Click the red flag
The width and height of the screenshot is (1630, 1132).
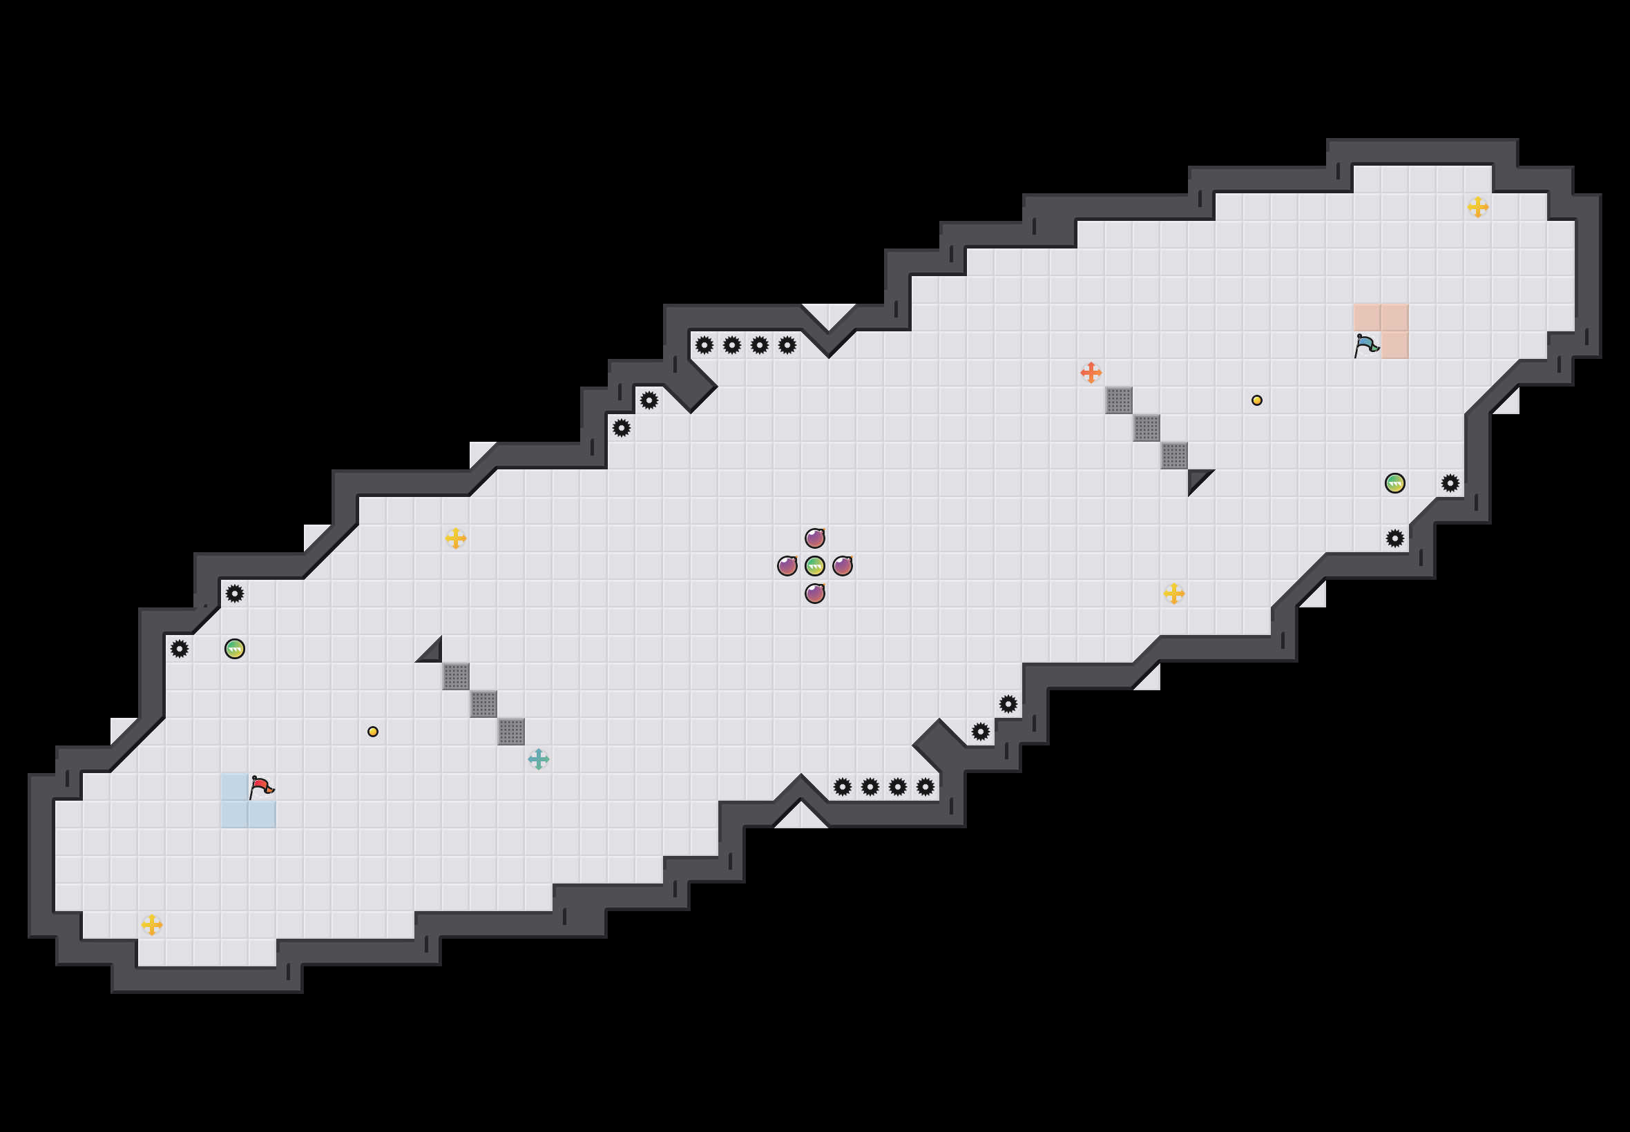[x=261, y=786]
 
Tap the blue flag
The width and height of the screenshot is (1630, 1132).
[x=1366, y=345]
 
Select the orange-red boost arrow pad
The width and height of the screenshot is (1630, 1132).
[x=1091, y=372]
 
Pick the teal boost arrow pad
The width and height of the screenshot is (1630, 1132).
[x=539, y=759]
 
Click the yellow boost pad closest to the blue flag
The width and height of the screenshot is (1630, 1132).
[x=1477, y=207]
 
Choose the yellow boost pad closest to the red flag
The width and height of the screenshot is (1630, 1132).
[x=152, y=925]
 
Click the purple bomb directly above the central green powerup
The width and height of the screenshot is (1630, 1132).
[x=814, y=538]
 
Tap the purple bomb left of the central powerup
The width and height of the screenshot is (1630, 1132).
[x=787, y=566]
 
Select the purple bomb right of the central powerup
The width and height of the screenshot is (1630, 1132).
[x=843, y=566]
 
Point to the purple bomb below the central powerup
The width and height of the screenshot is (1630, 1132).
[x=814, y=594]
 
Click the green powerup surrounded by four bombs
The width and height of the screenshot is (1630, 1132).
[x=814, y=566]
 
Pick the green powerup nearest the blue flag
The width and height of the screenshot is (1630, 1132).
[x=1394, y=483]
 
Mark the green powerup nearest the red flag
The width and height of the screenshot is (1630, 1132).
[x=235, y=649]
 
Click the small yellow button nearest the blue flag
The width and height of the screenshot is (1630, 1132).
[x=1257, y=400]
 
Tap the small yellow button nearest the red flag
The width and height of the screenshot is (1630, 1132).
[x=372, y=731]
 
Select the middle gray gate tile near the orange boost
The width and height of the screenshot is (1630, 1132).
[x=1146, y=428]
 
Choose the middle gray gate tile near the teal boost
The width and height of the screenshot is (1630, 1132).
[x=483, y=704]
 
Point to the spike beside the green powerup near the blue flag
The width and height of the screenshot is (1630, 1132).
[x=1450, y=483]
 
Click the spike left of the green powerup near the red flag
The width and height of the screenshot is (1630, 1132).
[x=180, y=649]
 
